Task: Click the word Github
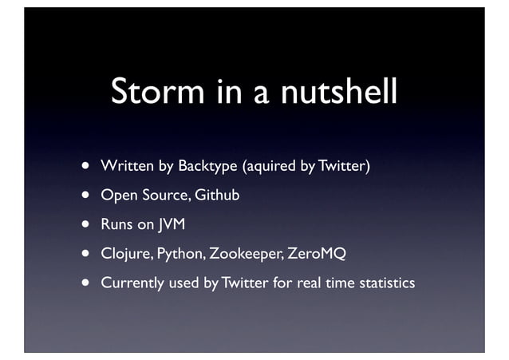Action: coord(218,196)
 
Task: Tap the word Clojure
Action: coord(126,254)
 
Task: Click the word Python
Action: coord(179,254)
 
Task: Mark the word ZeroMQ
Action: coord(317,254)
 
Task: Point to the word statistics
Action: coord(384,283)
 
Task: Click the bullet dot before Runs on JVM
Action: coord(83,225)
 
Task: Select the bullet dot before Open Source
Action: coord(83,196)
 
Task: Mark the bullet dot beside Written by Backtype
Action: coord(83,167)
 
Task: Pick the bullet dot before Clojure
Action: coord(83,254)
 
